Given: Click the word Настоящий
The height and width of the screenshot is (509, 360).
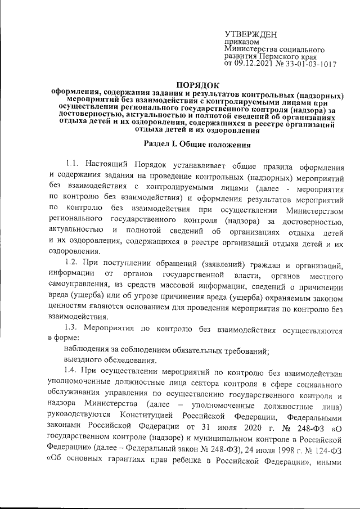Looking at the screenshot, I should tap(109, 164).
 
